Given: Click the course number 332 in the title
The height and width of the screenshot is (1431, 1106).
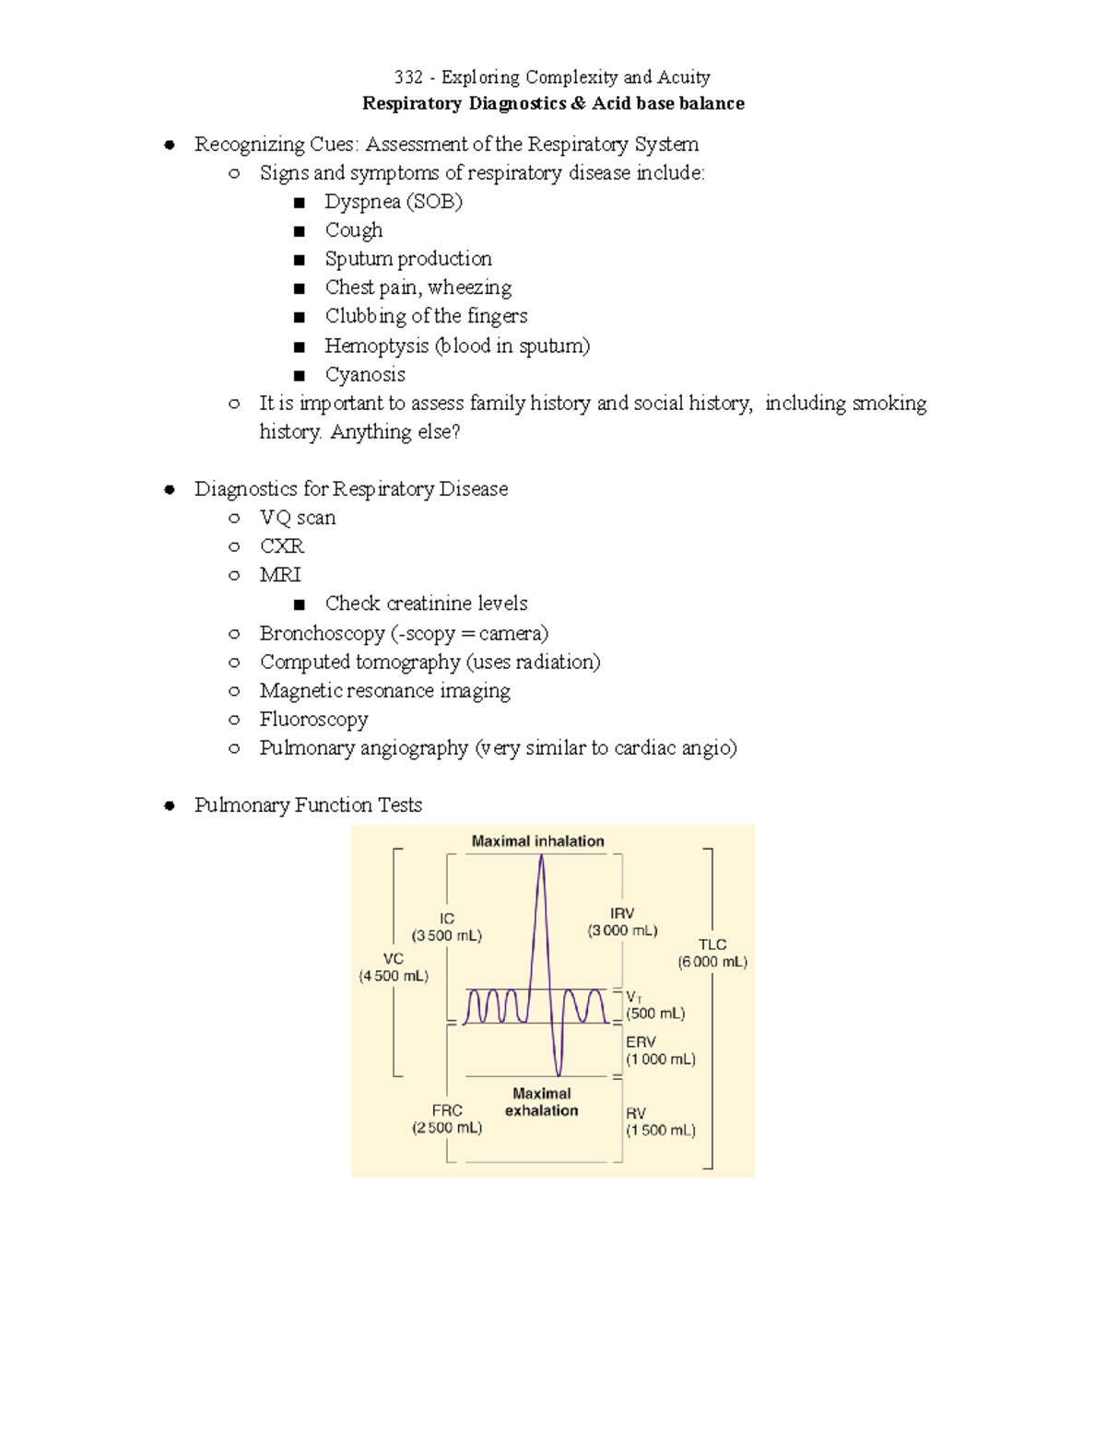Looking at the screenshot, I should coord(407,77).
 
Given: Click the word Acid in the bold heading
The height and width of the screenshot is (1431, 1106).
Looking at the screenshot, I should coord(611,103).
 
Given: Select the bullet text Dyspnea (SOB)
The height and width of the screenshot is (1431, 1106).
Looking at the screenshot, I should coord(394,202).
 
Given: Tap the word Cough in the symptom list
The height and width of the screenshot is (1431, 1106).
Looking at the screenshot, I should coord(354,230).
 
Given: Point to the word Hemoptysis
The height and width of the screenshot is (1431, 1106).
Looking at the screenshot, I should coord(377,346).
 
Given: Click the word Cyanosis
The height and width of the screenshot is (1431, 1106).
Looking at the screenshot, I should coord(365,374).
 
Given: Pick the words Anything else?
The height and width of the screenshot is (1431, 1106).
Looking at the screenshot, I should coord(395,431).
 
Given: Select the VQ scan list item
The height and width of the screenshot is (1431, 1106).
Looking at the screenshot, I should coord(298,518).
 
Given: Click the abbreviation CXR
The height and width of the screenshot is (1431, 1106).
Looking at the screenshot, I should coord(282,546).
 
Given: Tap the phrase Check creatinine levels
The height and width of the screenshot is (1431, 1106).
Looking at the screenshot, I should coord(426,604).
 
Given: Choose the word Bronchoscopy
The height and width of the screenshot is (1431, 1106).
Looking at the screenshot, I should coord(322,633).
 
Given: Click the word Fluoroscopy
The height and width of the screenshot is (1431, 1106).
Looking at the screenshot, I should coord(313,719).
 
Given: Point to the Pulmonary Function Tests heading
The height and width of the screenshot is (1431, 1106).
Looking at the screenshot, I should coord(308,804).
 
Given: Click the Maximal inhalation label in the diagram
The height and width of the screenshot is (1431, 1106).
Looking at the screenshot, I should coord(538,841).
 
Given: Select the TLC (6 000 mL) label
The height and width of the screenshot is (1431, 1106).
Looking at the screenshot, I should coord(712,954).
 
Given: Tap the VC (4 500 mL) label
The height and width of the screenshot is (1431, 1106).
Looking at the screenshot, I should coord(394,968).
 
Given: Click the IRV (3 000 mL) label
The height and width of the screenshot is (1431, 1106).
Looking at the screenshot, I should coord(623,921).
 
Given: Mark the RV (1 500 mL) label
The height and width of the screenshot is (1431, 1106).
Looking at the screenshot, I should coord(660,1121).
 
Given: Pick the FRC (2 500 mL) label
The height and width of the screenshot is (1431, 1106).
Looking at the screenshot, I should coord(447,1119).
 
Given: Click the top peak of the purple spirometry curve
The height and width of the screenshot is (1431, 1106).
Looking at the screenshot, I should coord(541,856).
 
